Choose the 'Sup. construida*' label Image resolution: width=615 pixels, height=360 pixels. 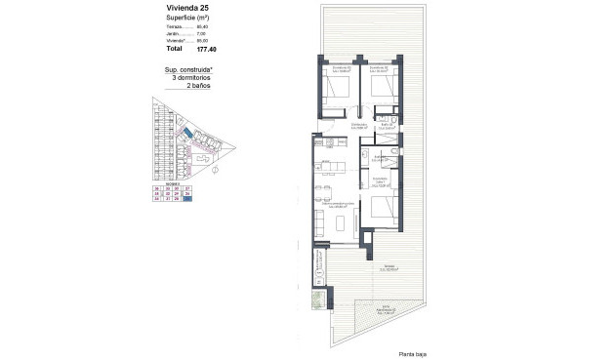[x=187, y=69]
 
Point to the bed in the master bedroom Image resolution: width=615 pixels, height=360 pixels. [x=383, y=211]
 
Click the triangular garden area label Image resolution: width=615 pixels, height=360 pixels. [x=388, y=311]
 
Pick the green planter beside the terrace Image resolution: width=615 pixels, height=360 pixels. [x=318, y=301]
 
